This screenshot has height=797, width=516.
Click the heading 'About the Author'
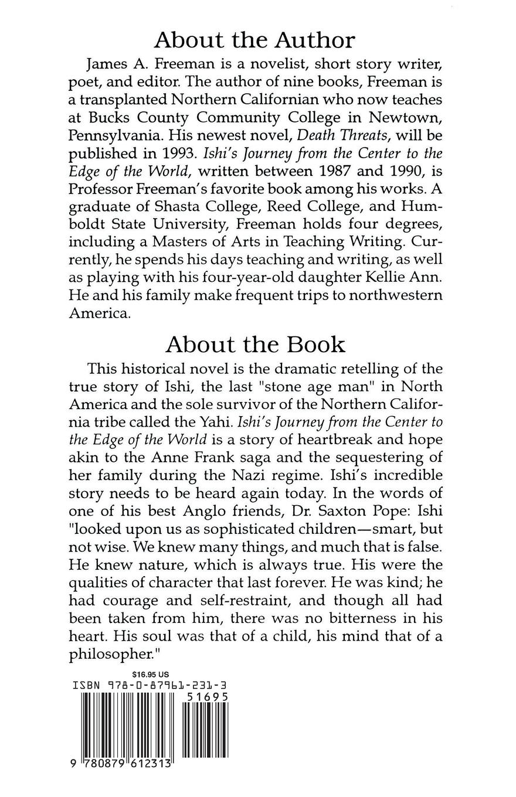pyautogui.click(x=254, y=40)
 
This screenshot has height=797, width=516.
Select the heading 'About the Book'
pyautogui.click(x=255, y=345)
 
